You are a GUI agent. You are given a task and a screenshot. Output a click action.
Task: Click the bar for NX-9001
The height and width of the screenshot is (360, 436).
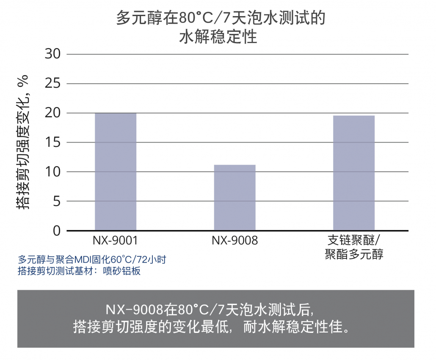tap(116, 172)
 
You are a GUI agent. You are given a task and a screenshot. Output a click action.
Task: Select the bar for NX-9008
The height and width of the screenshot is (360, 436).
tap(235, 198)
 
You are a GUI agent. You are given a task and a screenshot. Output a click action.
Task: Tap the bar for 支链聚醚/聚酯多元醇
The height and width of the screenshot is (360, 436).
tap(354, 173)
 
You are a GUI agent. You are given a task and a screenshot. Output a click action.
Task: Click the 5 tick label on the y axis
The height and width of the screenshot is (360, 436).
tap(56, 201)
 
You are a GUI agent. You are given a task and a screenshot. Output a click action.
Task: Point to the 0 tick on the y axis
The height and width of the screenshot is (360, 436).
tap(56, 231)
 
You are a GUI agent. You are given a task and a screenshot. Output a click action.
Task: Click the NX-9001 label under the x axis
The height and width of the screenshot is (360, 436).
tap(116, 241)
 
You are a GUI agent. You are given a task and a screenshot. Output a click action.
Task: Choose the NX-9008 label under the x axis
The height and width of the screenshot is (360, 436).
tap(235, 241)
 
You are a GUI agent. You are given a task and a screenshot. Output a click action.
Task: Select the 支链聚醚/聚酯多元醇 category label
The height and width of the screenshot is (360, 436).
tap(354, 247)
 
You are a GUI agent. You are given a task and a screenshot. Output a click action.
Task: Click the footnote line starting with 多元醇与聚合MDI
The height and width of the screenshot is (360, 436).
tap(92, 259)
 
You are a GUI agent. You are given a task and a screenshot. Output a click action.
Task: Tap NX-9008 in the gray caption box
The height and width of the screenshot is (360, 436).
tap(134, 310)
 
